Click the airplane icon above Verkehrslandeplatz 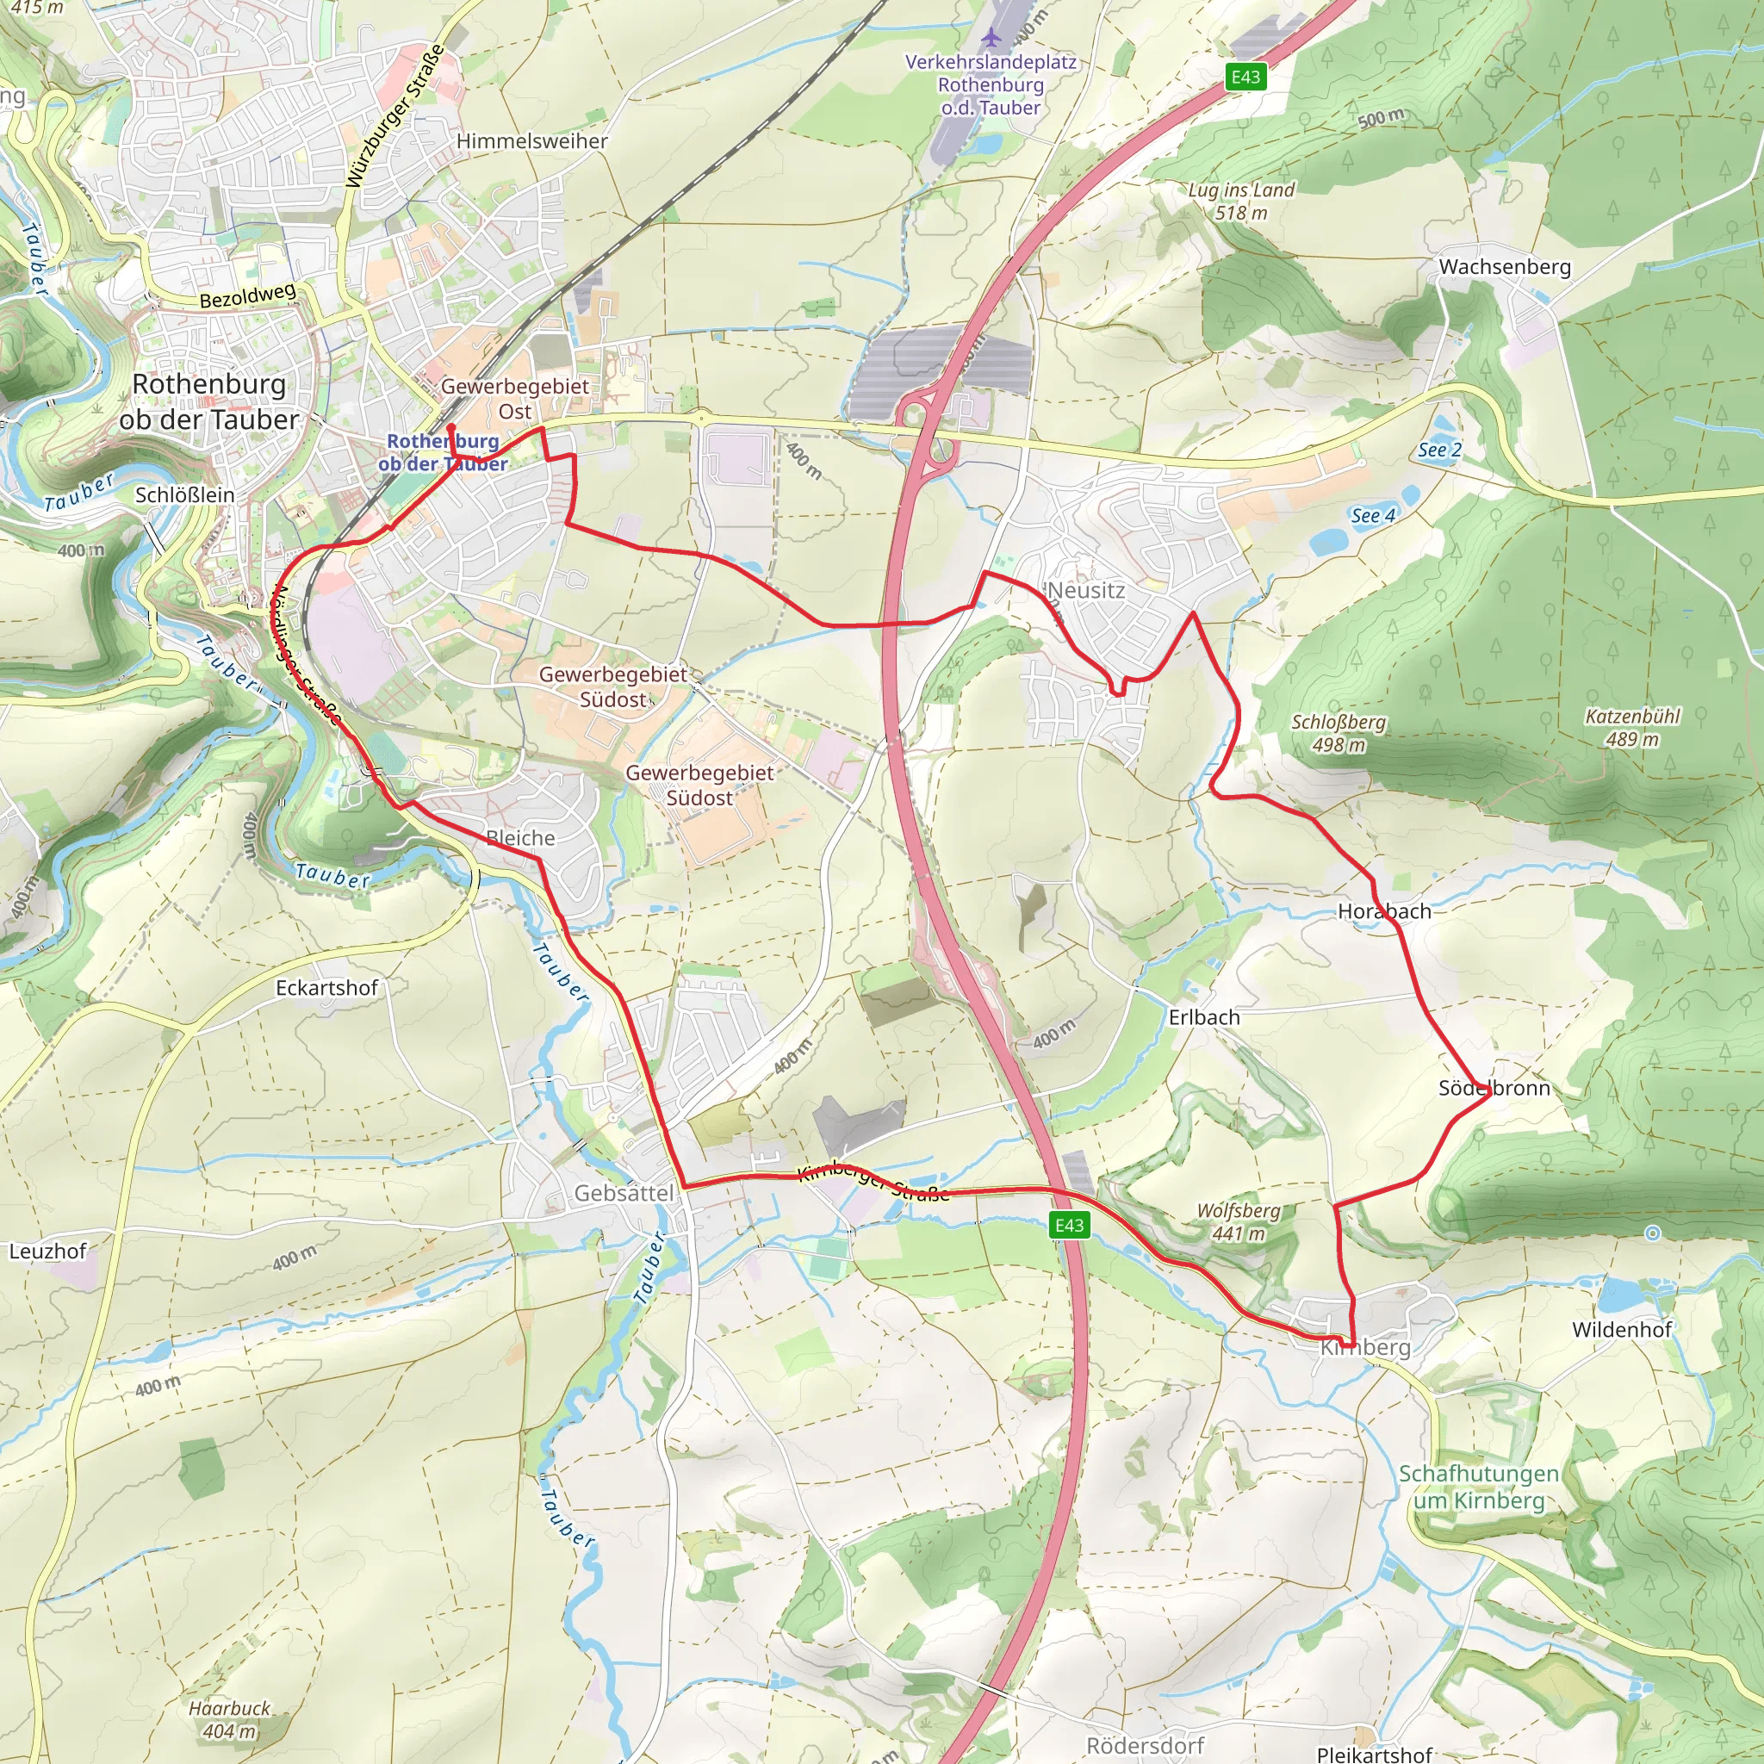pyautogui.click(x=991, y=37)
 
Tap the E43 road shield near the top pyautogui.click(x=1245, y=78)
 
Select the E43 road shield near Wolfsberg pyautogui.click(x=1068, y=1226)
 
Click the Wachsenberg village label pyautogui.click(x=1505, y=267)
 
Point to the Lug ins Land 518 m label pyautogui.click(x=1241, y=201)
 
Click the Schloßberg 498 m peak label pyautogui.click(x=1339, y=733)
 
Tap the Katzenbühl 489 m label pyautogui.click(x=1632, y=728)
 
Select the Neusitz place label pyautogui.click(x=1086, y=590)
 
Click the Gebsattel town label pyautogui.click(x=624, y=1192)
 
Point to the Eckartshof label pyautogui.click(x=326, y=987)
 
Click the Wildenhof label pyautogui.click(x=1622, y=1329)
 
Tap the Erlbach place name pyautogui.click(x=1204, y=1017)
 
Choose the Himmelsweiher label pyautogui.click(x=531, y=141)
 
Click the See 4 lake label pyautogui.click(x=1372, y=516)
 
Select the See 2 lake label pyautogui.click(x=1439, y=450)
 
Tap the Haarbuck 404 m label pyautogui.click(x=230, y=1719)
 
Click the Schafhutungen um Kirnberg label pyautogui.click(x=1478, y=1487)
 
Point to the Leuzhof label pyautogui.click(x=47, y=1251)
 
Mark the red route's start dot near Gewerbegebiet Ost pyautogui.click(x=450, y=427)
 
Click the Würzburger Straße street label pyautogui.click(x=395, y=116)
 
